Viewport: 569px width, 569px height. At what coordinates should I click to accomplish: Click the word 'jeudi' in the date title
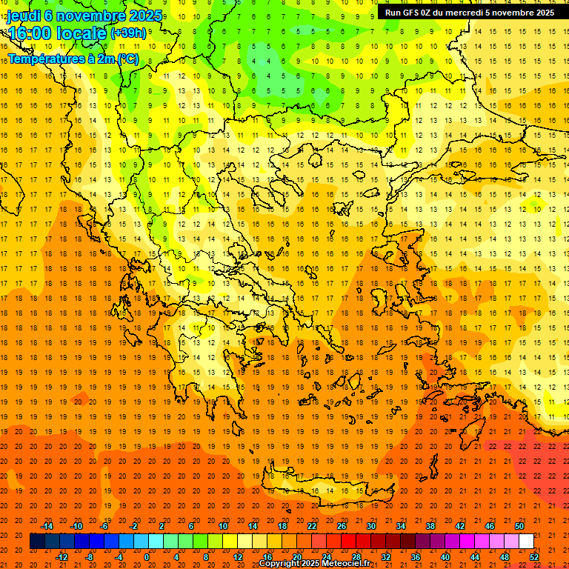24,16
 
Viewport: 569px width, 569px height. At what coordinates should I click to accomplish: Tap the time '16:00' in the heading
30,33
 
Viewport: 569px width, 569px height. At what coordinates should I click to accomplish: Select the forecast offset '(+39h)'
128,33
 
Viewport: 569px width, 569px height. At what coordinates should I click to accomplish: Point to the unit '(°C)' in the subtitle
127,59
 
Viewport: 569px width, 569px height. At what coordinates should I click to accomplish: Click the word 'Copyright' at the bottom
280,564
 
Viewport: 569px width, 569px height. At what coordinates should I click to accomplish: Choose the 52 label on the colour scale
533,556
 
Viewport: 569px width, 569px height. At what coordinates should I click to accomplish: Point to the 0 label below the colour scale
147,556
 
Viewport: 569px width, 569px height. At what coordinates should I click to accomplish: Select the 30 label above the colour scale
370,526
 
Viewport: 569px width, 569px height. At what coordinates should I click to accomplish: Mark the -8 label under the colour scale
89,556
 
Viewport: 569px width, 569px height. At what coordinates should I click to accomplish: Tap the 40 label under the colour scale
445,556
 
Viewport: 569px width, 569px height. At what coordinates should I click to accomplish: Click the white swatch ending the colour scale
526,541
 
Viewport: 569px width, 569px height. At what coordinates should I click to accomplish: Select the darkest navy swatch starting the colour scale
37,541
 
